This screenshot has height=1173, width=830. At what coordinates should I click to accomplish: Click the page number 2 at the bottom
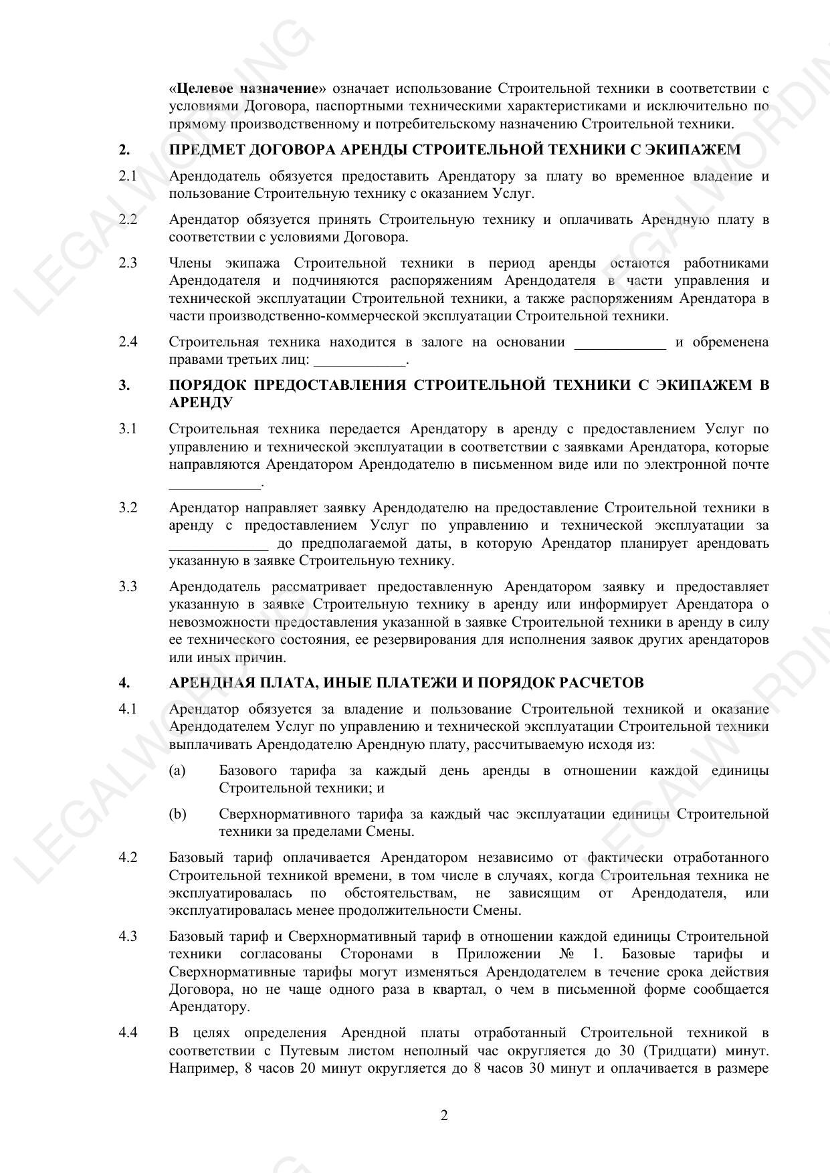(x=444, y=1115)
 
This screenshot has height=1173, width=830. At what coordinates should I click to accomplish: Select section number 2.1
(x=128, y=176)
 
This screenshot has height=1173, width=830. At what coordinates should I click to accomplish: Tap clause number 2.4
(x=128, y=342)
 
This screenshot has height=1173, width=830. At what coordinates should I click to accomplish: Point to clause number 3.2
(x=128, y=507)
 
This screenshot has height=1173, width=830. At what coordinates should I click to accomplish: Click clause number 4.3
(x=128, y=936)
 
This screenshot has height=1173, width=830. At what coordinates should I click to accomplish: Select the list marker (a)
(x=177, y=770)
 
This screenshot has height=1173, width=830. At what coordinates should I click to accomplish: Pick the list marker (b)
(x=177, y=814)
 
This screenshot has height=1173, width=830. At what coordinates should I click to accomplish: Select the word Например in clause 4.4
(x=199, y=1068)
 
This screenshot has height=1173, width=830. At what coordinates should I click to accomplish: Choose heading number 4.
(x=124, y=682)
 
